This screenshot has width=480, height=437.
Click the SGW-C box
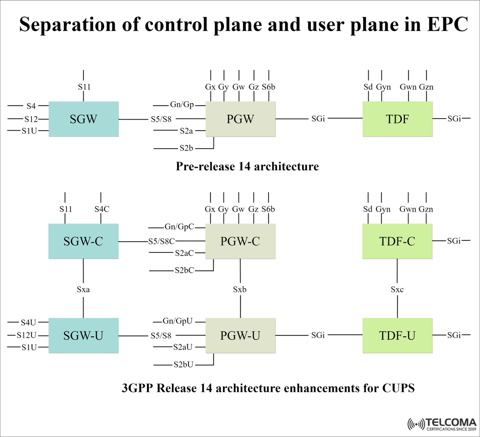[x=83, y=241]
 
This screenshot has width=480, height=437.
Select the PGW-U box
[x=240, y=335]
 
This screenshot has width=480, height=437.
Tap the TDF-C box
[x=397, y=241]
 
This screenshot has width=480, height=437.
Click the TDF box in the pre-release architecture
[x=397, y=119]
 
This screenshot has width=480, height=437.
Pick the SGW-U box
[x=83, y=335]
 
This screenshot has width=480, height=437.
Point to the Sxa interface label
[x=83, y=289]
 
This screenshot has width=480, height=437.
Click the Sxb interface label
[x=240, y=289]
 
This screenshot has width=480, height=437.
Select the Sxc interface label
[x=397, y=289]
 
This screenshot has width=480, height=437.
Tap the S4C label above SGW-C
[x=101, y=209]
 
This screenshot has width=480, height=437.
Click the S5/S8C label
[x=161, y=241]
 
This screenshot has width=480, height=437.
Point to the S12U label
[x=26, y=335]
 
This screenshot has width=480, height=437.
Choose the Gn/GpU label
[x=177, y=321]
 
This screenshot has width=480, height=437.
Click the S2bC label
[x=184, y=270]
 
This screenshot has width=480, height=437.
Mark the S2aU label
[x=183, y=347]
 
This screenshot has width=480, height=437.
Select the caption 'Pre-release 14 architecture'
[x=247, y=166]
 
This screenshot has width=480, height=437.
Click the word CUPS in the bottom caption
[x=398, y=388]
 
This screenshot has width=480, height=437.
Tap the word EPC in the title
[x=442, y=25]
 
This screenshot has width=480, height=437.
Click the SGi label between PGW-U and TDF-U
[x=317, y=335]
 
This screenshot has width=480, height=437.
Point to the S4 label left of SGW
[x=31, y=106]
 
